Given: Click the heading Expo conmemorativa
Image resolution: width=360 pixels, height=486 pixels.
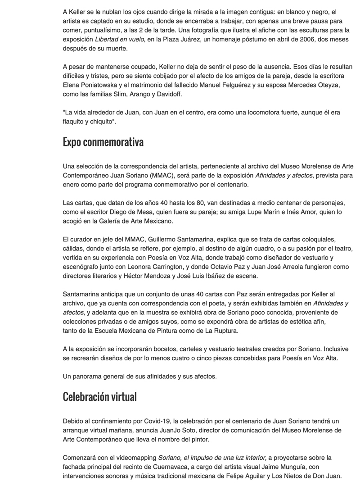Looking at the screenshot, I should click(x=103, y=142).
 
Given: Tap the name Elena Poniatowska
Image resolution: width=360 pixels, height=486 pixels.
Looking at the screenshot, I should click(x=87, y=86).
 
